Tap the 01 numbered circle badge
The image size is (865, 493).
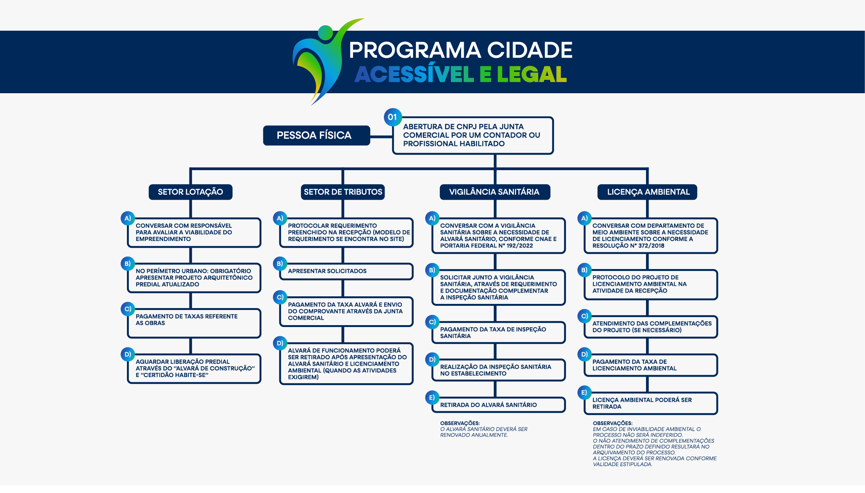click(x=393, y=117)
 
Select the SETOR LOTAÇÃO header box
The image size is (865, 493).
click(x=190, y=192)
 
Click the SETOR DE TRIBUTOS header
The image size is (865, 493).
click(x=343, y=192)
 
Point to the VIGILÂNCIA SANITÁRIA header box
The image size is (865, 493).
click(x=494, y=192)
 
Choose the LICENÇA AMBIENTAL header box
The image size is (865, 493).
click(x=648, y=192)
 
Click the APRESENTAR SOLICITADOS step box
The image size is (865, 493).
click(x=346, y=271)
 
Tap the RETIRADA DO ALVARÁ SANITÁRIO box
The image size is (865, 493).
click(x=498, y=405)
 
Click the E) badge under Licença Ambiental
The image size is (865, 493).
click(x=584, y=393)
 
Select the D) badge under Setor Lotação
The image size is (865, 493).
click(x=128, y=354)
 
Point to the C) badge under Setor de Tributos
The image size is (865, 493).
click(x=280, y=297)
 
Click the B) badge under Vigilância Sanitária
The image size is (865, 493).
click(x=432, y=270)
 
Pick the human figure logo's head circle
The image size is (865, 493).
click(x=325, y=32)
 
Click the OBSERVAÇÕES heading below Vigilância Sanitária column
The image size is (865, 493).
click(x=460, y=423)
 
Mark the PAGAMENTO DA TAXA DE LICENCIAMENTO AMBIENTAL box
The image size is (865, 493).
click(x=651, y=365)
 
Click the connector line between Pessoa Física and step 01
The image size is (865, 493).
click(x=381, y=136)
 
